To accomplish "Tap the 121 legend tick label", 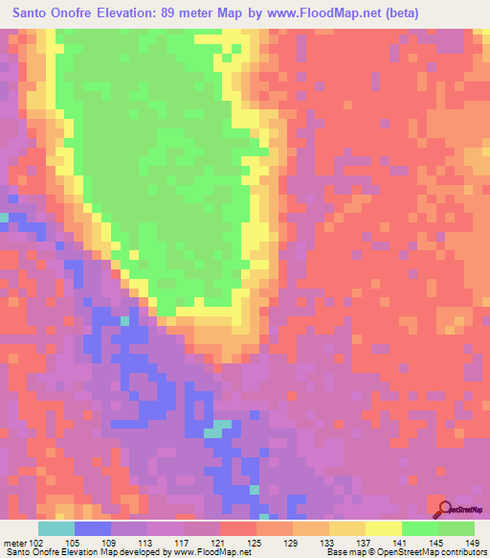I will click(x=223, y=542).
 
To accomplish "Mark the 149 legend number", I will click(x=473, y=542).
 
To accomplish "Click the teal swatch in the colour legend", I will click(x=56, y=528).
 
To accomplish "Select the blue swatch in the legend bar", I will click(x=92, y=528).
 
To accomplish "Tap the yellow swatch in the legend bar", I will click(x=382, y=528).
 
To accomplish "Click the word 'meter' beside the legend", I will click(x=14, y=542).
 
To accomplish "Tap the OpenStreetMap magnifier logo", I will click(x=443, y=510).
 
